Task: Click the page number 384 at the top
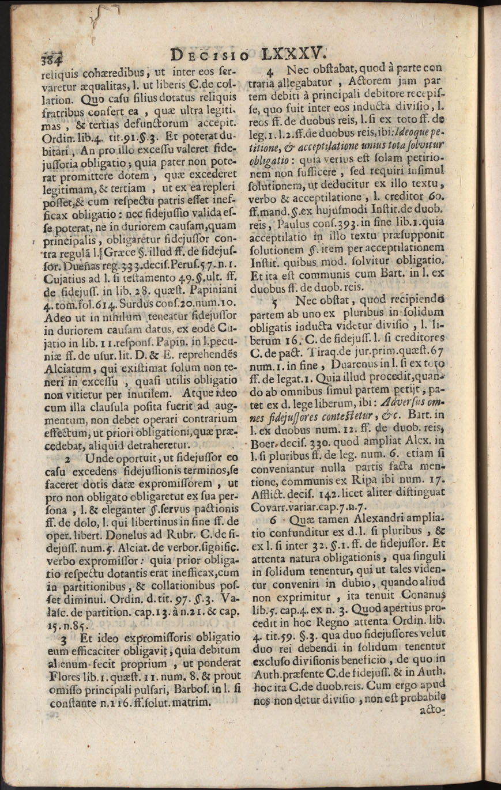(50, 59)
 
